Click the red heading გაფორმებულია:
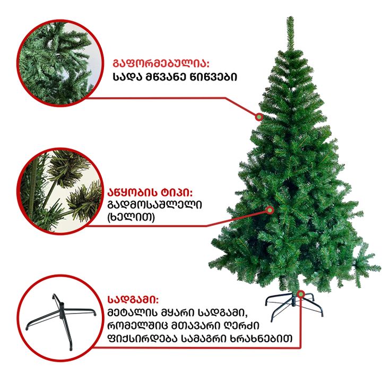coord(161,63)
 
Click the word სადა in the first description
coord(127,77)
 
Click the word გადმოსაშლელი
coord(154,205)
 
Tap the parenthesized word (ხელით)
coord(131,217)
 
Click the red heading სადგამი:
coord(133,299)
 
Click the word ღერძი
coord(242,325)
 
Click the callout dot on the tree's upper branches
coord(259,117)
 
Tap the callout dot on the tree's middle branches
coord(270,210)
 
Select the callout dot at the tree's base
coord(301,294)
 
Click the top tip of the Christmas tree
coord(290,17)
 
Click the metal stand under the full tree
coord(294,305)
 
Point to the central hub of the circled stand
coord(62,310)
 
